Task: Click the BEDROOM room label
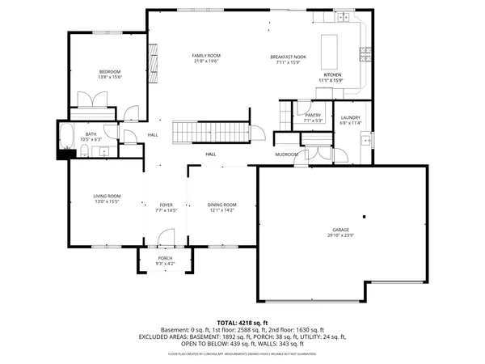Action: (110, 71)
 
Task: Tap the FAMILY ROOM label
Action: (207, 55)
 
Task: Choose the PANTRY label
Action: (313, 115)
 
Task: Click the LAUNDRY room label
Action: (350, 118)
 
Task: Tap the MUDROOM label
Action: (286, 154)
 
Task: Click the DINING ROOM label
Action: (222, 205)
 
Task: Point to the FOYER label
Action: (166, 205)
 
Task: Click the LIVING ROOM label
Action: (107, 196)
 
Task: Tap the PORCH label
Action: (165, 258)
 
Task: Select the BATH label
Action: (91, 133)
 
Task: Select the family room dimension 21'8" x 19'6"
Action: (207, 61)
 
